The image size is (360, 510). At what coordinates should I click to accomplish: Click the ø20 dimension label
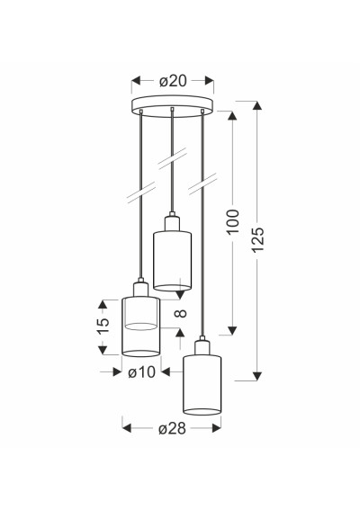(x=173, y=81)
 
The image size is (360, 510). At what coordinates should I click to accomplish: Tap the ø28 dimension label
(x=172, y=428)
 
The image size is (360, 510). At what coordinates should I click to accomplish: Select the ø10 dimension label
(x=141, y=371)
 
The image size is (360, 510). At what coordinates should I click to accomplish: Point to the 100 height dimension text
(x=233, y=222)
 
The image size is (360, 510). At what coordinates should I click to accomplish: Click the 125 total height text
(x=258, y=239)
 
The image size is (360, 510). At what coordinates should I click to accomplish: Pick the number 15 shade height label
(x=103, y=326)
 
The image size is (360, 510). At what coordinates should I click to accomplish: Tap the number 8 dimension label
(x=181, y=313)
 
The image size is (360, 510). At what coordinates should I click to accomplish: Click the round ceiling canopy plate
(x=172, y=106)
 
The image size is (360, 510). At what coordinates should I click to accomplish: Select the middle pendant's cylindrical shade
(x=172, y=261)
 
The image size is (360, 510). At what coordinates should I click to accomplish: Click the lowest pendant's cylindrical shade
(x=202, y=385)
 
